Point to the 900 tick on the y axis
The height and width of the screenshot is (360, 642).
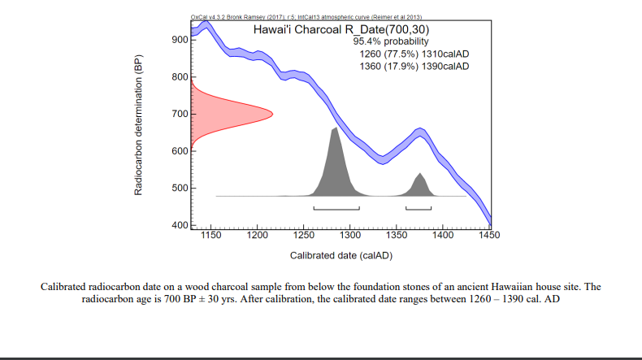pyautogui.click(x=192, y=40)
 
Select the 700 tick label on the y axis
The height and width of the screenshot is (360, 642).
pyautogui.click(x=180, y=114)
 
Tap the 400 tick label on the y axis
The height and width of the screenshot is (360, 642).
pyautogui.click(x=180, y=225)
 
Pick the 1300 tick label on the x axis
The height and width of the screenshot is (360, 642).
pyautogui.click(x=350, y=236)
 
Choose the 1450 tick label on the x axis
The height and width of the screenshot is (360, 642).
pyautogui.click(x=490, y=236)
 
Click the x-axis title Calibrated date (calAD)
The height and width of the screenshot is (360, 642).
pyautogui.click(x=341, y=255)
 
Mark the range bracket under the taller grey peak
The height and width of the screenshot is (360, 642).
pyautogui.click(x=336, y=209)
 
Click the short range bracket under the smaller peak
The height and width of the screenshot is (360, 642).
pyautogui.click(x=419, y=209)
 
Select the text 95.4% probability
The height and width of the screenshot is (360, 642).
pyautogui.click(x=392, y=41)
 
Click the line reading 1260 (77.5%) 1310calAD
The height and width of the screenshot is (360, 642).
pyautogui.click(x=414, y=54)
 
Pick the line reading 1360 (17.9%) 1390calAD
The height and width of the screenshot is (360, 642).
pyautogui.click(x=414, y=66)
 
